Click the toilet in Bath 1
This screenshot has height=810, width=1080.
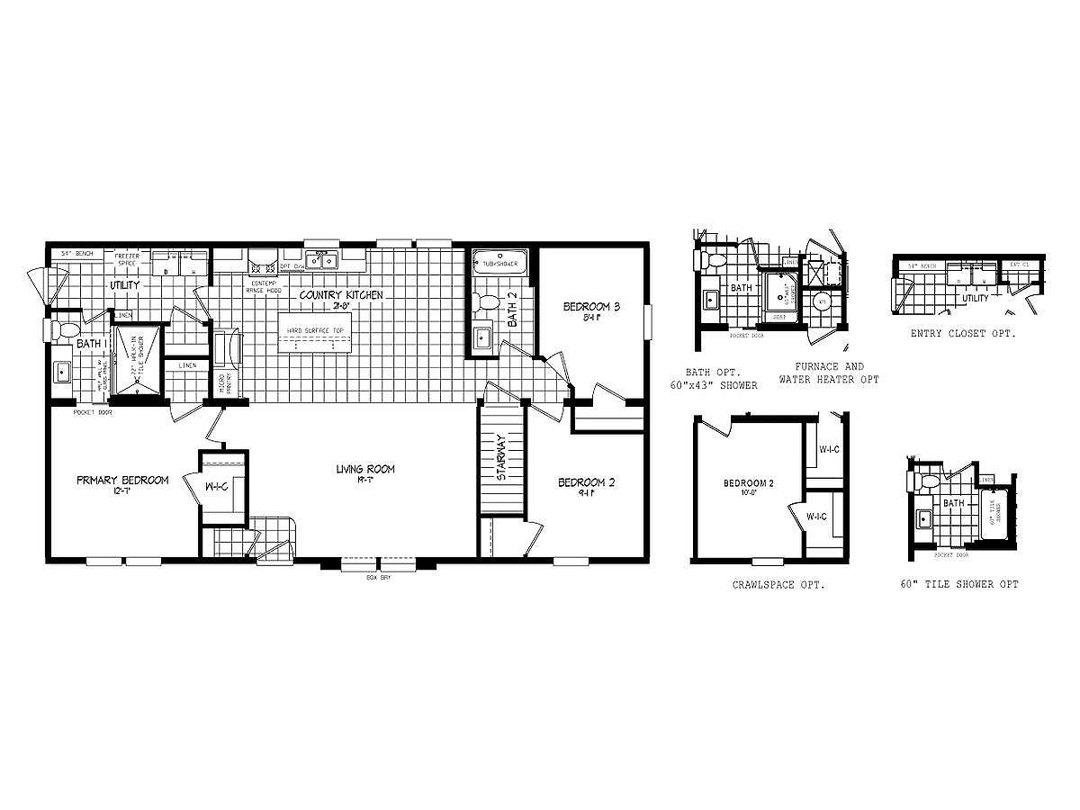pos(63,330)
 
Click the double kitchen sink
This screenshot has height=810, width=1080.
pos(320,262)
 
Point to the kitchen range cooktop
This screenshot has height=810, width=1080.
pos(263,265)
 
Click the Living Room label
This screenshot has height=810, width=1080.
pos(365,469)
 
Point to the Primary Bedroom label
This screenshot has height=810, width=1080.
pos(122,480)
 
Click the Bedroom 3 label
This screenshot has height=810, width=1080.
pos(592,307)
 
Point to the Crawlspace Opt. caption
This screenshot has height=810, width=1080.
pos(778,584)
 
